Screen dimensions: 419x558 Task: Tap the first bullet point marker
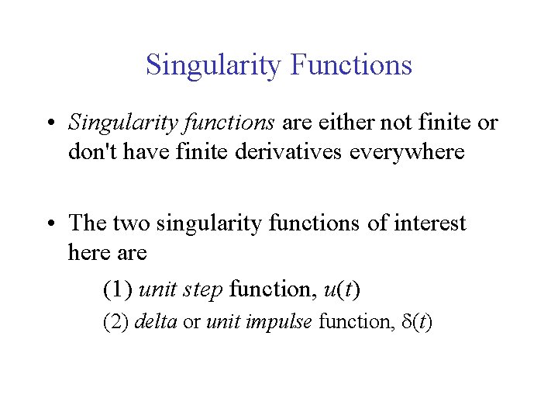(50, 124)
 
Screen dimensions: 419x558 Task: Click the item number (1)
(117, 290)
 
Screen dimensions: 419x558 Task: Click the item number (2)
(116, 322)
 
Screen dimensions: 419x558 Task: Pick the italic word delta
(156, 322)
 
